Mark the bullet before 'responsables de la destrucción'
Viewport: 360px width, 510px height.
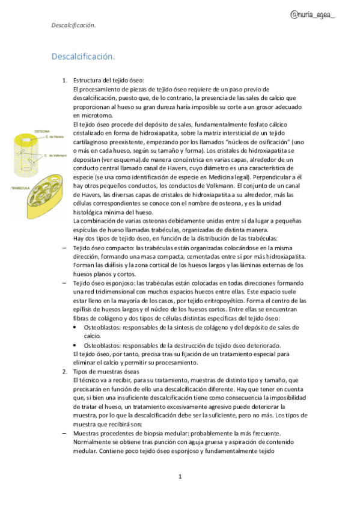[x=74, y=345]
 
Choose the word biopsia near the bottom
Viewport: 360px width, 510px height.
[x=159, y=433]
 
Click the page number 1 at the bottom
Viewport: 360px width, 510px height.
[x=180, y=477]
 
